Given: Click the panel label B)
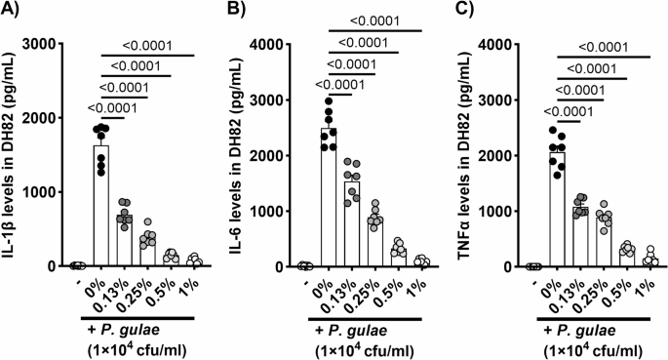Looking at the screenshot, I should coord(238,12).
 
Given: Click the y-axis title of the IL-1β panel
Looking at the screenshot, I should coord(13,155).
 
